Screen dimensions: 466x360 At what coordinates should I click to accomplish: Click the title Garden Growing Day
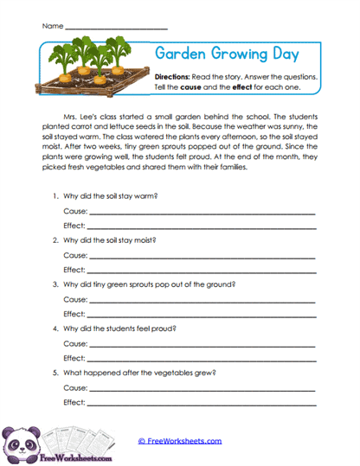tap(227, 54)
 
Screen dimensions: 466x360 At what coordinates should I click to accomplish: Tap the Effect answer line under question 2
tap(199, 269)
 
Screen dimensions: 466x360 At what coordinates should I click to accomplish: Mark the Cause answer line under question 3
tap(199, 299)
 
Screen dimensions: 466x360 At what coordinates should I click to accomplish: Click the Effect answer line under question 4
tap(199, 358)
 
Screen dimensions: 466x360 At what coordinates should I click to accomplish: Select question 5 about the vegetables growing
tap(138, 373)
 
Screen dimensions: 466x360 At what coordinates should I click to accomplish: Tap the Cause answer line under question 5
tap(199, 388)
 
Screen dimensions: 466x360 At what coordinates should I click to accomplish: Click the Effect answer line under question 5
tap(199, 403)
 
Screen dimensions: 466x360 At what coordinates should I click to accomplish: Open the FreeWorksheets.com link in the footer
tap(180, 441)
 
